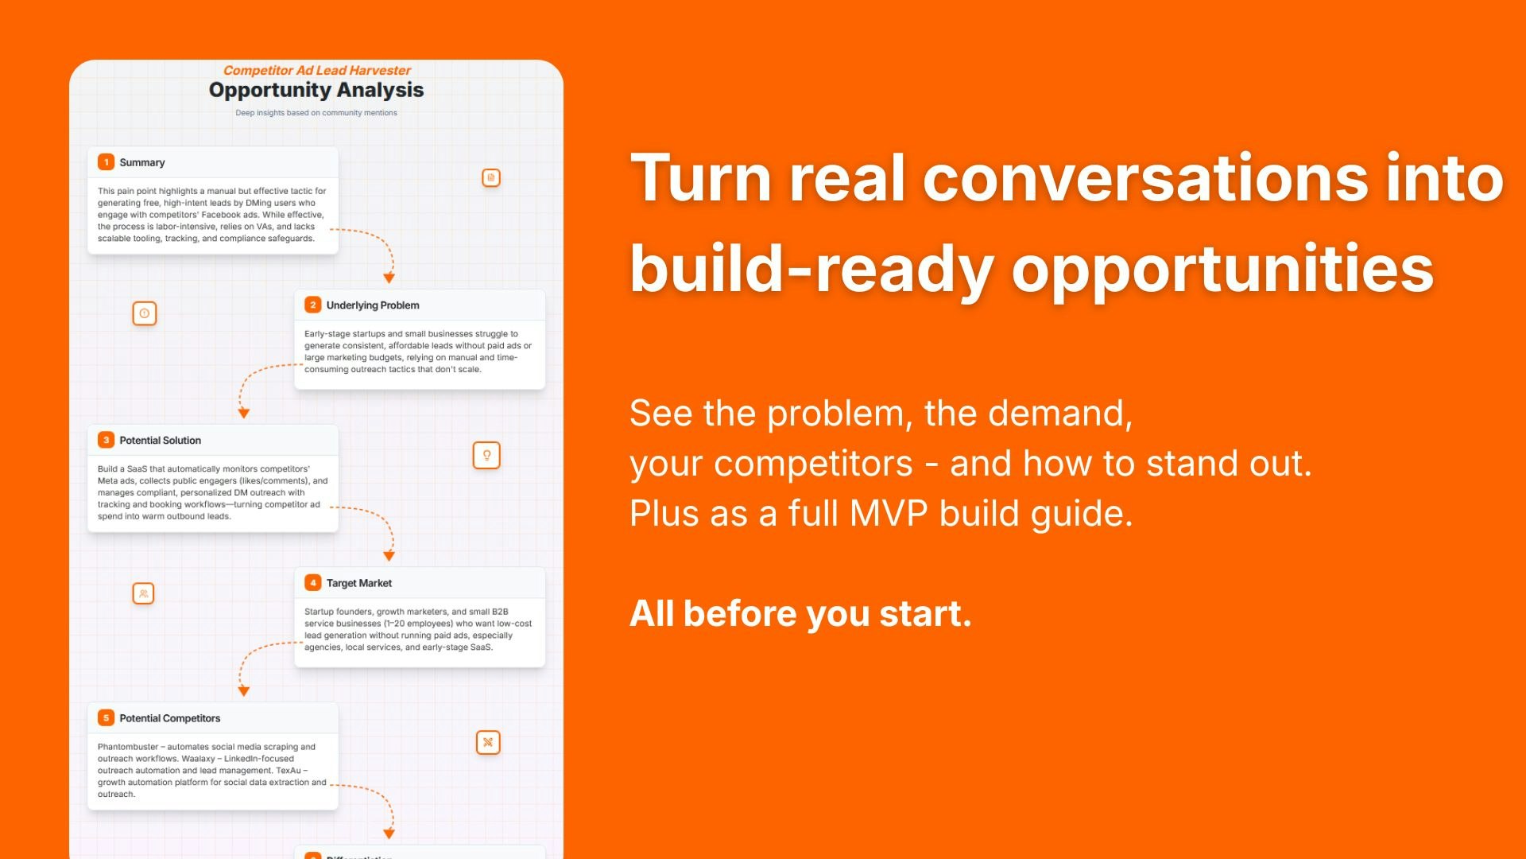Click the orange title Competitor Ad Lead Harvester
coord(316,71)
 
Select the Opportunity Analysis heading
coord(316,91)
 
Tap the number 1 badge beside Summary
coord(106,162)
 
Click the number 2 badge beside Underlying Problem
coord(313,305)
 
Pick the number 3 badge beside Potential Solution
coord(106,440)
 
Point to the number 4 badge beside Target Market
coord(313,583)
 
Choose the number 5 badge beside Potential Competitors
coord(106,718)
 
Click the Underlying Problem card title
coord(372,305)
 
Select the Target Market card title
coord(358,583)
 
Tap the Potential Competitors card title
coord(169,718)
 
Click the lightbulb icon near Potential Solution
coord(486,455)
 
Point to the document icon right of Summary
coord(491,177)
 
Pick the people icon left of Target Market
coord(143,593)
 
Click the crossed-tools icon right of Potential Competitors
coord(488,742)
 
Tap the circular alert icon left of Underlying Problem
coord(144,313)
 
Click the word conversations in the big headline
coord(1145,178)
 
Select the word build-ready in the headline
coord(811,269)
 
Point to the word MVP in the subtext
coord(888,514)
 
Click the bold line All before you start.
coord(800,614)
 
